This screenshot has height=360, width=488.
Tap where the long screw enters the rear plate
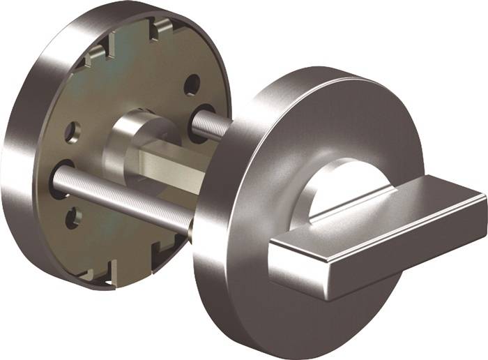[x=59, y=178]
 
